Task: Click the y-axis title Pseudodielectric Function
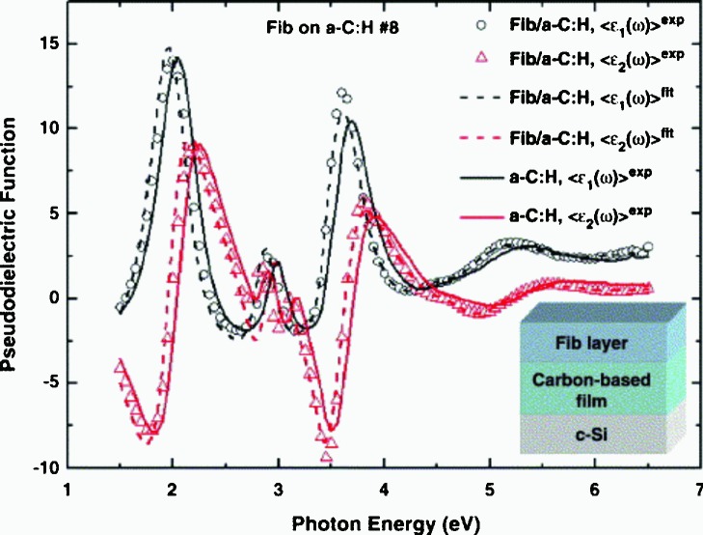coord(14,237)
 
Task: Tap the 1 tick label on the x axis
coord(67,490)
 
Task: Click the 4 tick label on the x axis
coord(384,490)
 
